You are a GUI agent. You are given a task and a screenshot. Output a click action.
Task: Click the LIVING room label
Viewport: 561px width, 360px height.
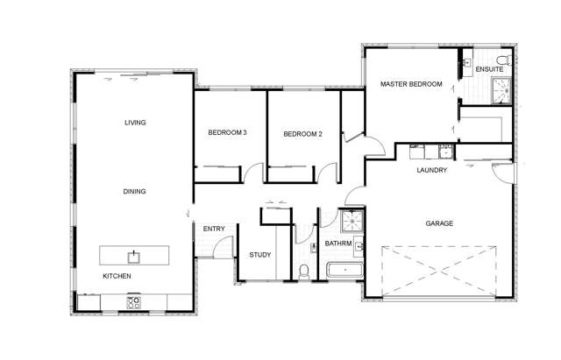[134, 123]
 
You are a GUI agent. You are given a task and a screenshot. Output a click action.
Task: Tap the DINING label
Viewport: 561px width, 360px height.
[134, 191]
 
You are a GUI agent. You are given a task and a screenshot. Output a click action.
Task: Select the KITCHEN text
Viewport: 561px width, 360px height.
[117, 276]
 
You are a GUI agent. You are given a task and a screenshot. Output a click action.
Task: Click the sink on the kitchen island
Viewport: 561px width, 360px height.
[133, 256]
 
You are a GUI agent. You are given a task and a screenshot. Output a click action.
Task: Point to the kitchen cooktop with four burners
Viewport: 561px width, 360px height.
[134, 302]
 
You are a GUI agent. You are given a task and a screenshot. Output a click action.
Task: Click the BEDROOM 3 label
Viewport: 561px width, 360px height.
[227, 133]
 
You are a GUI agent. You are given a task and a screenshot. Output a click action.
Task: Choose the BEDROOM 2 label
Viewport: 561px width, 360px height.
[302, 134]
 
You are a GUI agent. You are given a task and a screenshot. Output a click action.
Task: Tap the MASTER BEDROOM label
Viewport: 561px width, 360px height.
[410, 85]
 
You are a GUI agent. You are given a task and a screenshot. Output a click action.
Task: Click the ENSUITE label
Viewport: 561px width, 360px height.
[489, 68]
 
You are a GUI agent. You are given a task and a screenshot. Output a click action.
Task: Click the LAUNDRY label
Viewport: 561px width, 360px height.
[432, 170]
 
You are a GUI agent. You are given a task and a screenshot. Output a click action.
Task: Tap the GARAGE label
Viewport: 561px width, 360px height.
[439, 223]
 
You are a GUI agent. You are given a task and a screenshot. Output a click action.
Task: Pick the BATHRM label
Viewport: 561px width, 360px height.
[338, 244]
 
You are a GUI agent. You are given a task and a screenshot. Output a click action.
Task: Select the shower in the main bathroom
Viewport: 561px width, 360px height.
[352, 220]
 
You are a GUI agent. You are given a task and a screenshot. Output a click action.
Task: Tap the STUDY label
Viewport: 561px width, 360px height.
[259, 255]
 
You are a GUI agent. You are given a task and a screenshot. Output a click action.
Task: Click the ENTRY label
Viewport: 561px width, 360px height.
[214, 229]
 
